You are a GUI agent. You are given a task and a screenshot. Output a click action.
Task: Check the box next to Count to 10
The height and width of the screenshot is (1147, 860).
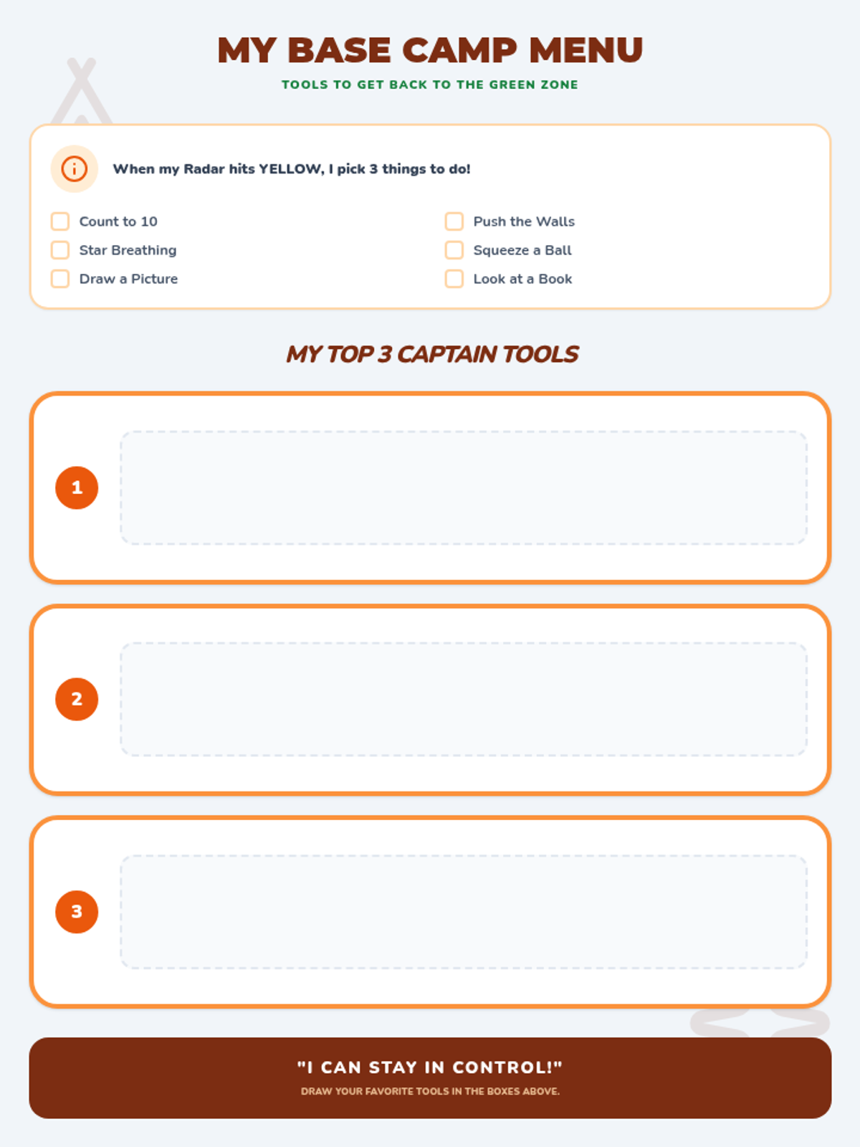tap(60, 221)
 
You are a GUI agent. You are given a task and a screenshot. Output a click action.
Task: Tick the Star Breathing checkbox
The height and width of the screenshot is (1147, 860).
tap(60, 249)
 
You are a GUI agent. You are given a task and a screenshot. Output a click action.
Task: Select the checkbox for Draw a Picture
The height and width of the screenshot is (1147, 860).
tap(60, 279)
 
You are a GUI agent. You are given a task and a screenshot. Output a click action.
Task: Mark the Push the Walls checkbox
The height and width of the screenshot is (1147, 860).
tap(454, 221)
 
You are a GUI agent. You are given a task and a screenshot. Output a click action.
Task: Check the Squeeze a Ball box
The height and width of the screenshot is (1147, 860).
tap(454, 249)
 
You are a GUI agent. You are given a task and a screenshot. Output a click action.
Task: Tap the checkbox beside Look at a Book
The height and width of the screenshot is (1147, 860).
tap(454, 279)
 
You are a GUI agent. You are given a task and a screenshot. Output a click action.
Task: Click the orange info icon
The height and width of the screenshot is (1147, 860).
tap(74, 168)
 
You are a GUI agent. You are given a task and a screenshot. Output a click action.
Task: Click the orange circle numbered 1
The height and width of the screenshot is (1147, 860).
tap(77, 487)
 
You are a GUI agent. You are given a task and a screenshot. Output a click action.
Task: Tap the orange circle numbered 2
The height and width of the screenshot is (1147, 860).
tap(77, 699)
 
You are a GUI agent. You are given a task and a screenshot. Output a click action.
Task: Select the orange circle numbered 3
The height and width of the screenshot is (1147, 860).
tap(77, 912)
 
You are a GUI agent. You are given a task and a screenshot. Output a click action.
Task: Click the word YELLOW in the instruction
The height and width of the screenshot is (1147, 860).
tap(292, 168)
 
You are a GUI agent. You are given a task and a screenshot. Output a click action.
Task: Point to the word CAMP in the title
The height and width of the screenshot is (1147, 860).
tap(459, 50)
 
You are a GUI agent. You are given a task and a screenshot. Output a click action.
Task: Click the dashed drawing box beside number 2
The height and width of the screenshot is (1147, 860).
tap(464, 699)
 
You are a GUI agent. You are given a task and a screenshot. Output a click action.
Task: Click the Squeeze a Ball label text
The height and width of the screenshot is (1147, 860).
tap(522, 250)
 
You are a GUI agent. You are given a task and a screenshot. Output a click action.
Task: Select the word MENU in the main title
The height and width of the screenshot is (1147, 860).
tap(586, 50)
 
